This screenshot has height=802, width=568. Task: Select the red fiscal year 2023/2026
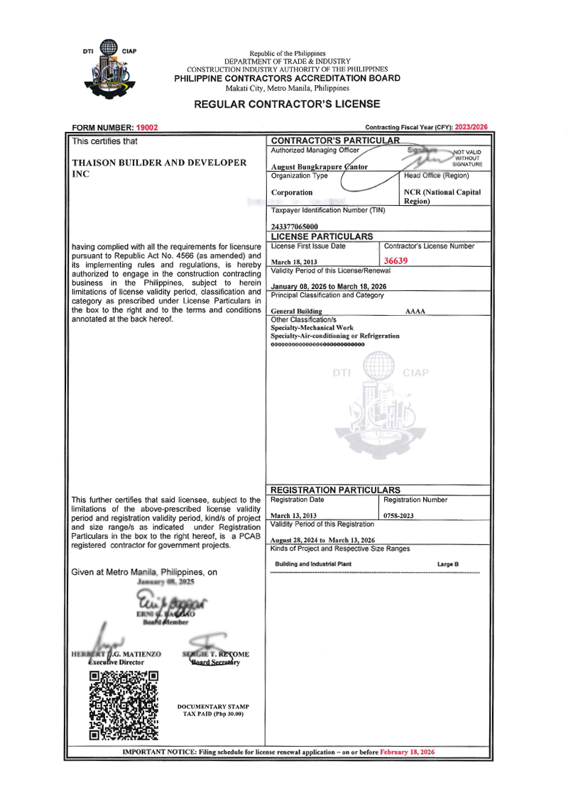tap(467, 128)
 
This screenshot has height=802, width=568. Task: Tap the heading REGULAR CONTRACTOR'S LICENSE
tap(287, 104)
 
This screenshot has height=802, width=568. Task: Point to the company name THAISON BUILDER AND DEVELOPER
tap(159, 163)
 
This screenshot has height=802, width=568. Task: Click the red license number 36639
tap(395, 260)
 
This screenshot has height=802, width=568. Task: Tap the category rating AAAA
tap(415, 311)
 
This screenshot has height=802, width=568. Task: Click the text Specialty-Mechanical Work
tap(312, 328)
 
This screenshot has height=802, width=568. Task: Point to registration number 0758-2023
tap(398, 515)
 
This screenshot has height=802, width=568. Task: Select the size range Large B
tap(448, 564)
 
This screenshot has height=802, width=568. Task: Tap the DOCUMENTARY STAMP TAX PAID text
tap(213, 710)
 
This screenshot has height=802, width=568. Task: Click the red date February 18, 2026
tap(407, 752)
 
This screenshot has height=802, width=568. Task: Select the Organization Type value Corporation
tap(292, 192)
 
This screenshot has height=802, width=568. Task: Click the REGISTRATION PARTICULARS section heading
tap(336, 490)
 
